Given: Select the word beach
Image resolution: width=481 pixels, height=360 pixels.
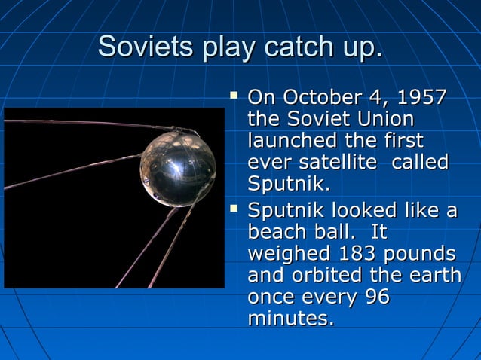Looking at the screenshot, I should pyautogui.click(x=280, y=232).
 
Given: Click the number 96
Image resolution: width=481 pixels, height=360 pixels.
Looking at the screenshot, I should pyautogui.click(x=377, y=297).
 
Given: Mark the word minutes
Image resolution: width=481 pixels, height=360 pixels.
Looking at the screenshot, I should pyautogui.click(x=290, y=319).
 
